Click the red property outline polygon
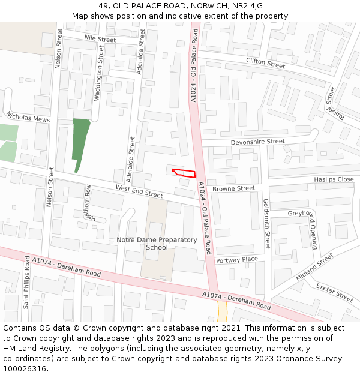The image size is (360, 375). [185, 173]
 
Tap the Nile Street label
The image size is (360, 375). [100, 39]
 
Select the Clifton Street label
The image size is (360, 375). [265, 63]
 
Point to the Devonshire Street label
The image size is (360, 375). [258, 142]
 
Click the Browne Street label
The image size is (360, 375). [233, 188]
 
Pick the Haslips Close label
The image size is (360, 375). [334, 179]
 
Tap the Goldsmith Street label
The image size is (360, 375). [266, 224]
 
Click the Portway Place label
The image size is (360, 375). [236, 260]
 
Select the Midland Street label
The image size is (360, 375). [314, 266]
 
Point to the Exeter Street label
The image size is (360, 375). [335, 292]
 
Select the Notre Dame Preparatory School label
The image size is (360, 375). [157, 244]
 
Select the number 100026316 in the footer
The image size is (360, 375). [25, 369]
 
